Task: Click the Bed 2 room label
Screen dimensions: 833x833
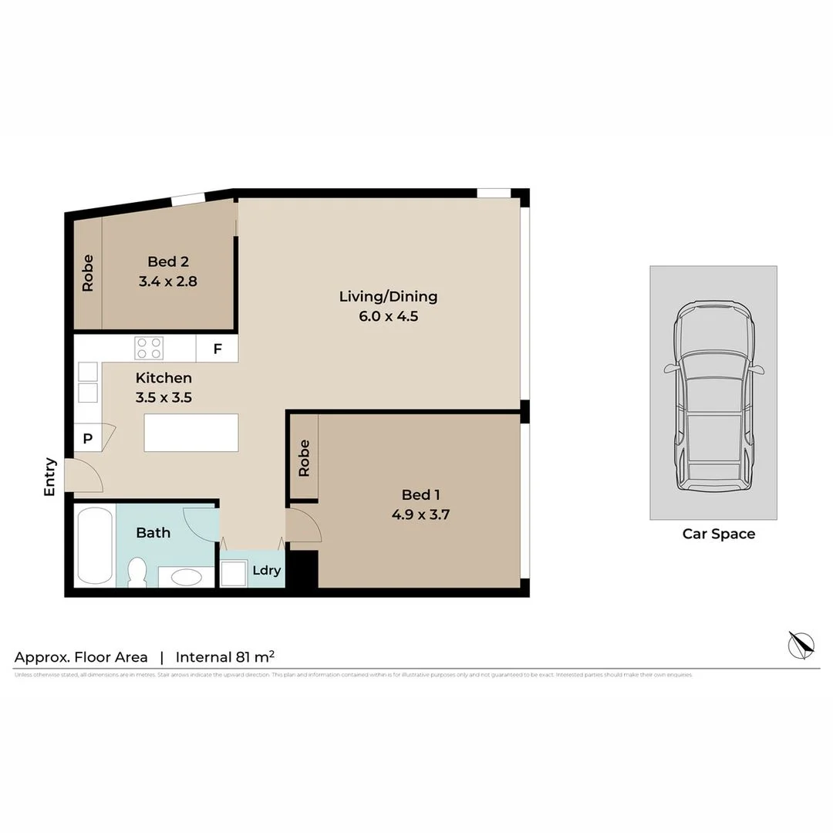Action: click(167, 262)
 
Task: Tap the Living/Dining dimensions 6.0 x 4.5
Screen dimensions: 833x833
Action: click(388, 315)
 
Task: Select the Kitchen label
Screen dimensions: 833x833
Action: click(164, 378)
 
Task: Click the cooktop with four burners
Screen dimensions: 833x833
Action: click(149, 348)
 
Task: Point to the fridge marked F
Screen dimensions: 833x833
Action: click(218, 349)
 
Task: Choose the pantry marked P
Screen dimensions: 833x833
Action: click(88, 438)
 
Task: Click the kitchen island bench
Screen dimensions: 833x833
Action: click(191, 433)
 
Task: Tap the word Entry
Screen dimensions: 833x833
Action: click(50, 477)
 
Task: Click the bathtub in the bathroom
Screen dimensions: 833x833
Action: click(95, 545)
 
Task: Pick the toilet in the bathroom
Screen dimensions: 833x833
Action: click(137, 572)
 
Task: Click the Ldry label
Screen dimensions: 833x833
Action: click(266, 571)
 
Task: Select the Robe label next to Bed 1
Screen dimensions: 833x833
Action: click(304, 457)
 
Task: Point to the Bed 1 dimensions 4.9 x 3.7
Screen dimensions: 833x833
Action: click(421, 514)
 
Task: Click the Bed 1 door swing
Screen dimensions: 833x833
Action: click(304, 525)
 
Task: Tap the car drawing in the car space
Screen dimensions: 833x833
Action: click(713, 396)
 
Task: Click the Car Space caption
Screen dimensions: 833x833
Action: click(719, 534)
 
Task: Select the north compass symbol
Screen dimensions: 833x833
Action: click(801, 644)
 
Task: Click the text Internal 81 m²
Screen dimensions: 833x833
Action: click(225, 657)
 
